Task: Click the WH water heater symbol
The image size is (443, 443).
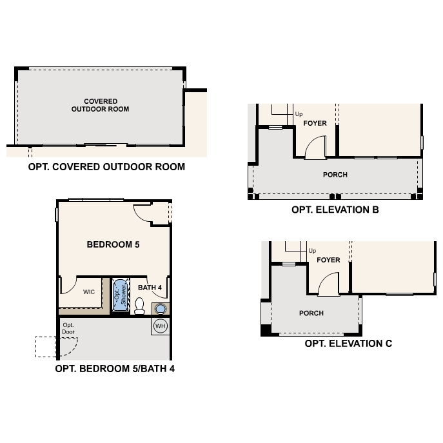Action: coord(161,326)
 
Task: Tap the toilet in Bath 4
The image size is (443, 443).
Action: coord(139,305)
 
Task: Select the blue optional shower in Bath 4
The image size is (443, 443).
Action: coord(120,296)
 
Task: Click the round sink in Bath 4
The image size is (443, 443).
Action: coord(160,309)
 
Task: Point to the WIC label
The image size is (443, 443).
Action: coord(89,291)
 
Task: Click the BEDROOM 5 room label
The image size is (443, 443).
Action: coord(113,245)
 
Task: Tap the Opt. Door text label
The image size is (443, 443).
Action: coord(68,328)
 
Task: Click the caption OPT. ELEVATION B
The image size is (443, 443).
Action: coord(335,210)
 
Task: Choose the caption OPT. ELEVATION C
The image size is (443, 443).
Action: coord(348,344)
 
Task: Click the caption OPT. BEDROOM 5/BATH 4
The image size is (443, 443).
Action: coord(115,369)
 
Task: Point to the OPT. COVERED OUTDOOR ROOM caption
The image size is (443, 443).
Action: coord(106,166)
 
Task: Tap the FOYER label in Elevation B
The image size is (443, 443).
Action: coord(315,123)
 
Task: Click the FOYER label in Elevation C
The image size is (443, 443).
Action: coord(328,260)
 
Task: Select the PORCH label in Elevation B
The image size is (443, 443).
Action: coord(335,175)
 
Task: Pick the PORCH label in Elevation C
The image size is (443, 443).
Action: coord(311,313)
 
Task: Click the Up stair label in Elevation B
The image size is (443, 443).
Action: coord(299,114)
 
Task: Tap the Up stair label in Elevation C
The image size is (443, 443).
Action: coord(312,251)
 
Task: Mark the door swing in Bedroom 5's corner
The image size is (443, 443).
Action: coord(143,212)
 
